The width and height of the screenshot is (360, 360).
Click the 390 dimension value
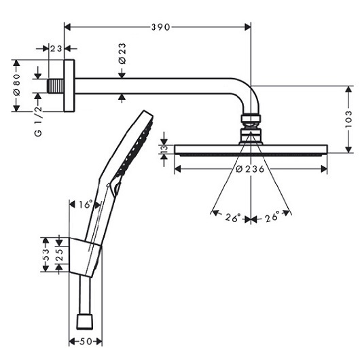tap(160, 27)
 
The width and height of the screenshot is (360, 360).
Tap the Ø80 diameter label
tap(17, 85)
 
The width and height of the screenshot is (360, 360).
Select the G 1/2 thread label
tap(38, 121)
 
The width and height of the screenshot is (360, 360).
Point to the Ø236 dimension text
tap(250, 169)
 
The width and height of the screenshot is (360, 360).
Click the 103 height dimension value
tap(348, 119)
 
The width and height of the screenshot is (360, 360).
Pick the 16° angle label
tap(86, 204)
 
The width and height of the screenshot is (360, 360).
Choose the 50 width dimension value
tap(86, 342)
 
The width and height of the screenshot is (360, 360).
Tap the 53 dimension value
tap(46, 255)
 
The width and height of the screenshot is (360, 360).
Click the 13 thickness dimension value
tap(164, 149)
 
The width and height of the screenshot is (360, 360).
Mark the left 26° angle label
tap(233, 217)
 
